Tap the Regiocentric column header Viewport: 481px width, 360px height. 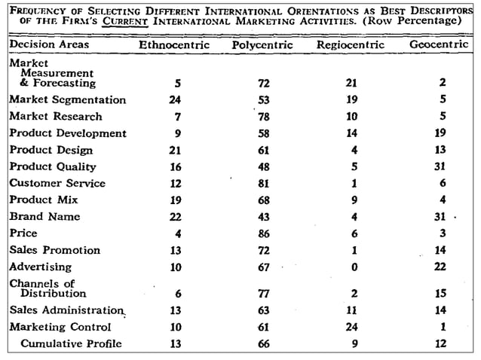pyautogui.click(x=350, y=45)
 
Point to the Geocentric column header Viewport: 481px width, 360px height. pyautogui.click(x=440, y=45)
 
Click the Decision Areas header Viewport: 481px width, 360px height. pyautogui.click(x=49, y=44)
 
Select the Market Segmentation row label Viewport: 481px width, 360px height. pyautogui.click(x=68, y=100)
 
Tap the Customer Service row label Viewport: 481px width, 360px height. pyautogui.click(x=57, y=183)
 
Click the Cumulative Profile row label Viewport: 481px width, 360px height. pyautogui.click(x=72, y=344)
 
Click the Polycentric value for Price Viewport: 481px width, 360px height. pyautogui.click(x=263, y=233)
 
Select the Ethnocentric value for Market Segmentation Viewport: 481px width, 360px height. pyautogui.click(x=176, y=100)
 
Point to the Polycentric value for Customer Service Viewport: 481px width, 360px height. pyautogui.click(x=263, y=183)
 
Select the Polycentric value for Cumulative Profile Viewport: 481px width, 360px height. pyautogui.click(x=263, y=344)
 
